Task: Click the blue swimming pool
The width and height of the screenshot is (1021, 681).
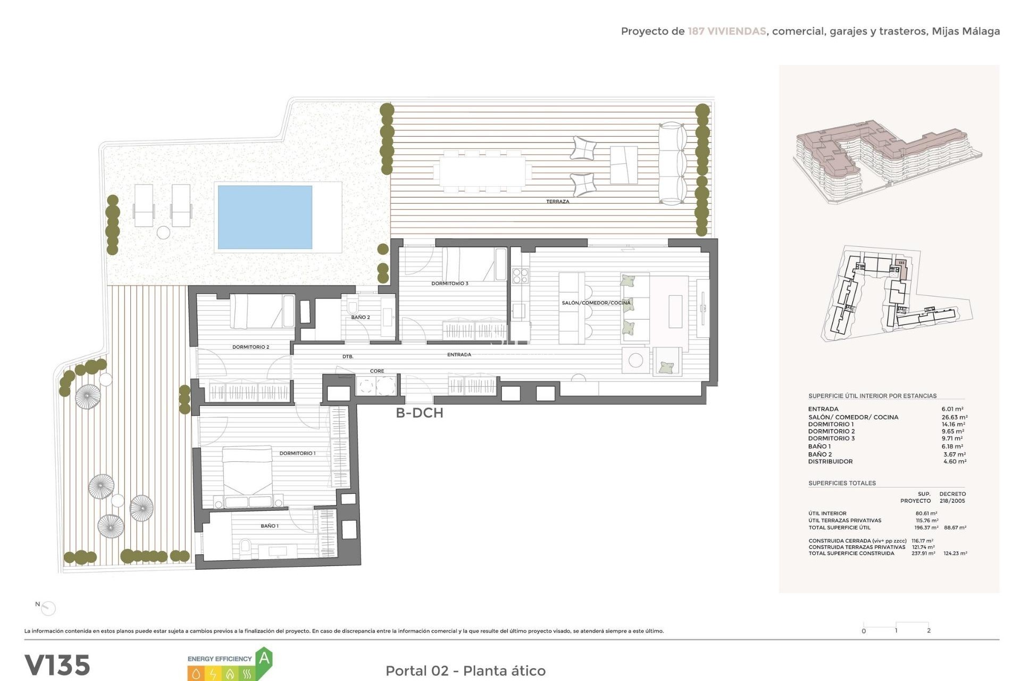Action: click(x=265, y=217)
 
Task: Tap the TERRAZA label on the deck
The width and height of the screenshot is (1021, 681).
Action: click(x=557, y=202)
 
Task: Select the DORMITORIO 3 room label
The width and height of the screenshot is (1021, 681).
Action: click(x=449, y=284)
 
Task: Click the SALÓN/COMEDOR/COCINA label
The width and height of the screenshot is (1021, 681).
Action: click(x=596, y=303)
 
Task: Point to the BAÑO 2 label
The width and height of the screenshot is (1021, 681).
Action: click(x=360, y=317)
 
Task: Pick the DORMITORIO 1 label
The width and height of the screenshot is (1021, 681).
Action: click(x=297, y=453)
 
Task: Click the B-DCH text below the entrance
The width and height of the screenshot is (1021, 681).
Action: click(x=419, y=413)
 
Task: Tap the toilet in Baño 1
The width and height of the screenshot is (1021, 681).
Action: click(x=245, y=546)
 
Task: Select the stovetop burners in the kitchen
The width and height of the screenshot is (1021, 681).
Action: click(x=520, y=275)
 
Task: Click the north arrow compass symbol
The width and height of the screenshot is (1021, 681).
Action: click(x=48, y=608)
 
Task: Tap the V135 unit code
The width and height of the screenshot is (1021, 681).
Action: click(x=57, y=665)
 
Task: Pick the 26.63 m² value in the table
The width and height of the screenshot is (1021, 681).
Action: click(x=954, y=417)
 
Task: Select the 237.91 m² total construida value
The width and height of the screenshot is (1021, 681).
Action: click(x=923, y=553)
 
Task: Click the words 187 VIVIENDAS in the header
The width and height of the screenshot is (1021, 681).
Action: click(x=726, y=31)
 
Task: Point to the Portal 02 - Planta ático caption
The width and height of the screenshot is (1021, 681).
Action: click(x=465, y=670)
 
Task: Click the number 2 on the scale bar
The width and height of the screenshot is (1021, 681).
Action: click(x=928, y=630)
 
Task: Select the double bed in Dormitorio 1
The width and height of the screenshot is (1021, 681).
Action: click(x=247, y=471)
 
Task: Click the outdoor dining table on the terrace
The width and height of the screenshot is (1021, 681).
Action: click(x=482, y=171)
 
